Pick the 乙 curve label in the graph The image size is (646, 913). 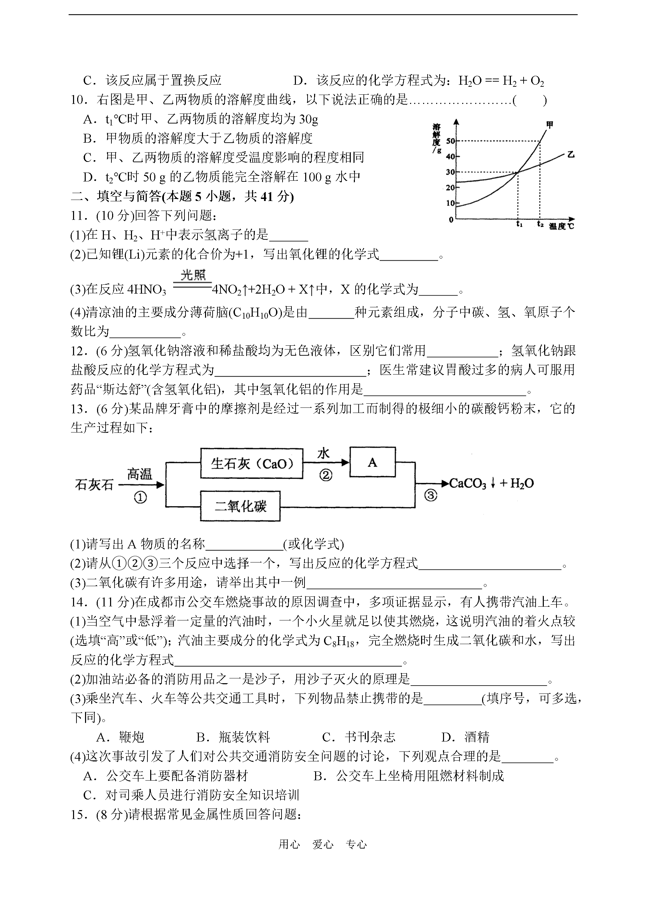tap(571, 155)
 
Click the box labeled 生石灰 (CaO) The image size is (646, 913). tap(251, 463)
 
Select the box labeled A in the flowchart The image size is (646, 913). tap(372, 462)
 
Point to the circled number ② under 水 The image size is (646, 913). tap(326, 475)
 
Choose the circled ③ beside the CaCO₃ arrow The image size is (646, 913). tap(431, 495)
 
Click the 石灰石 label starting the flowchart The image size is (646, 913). tap(94, 485)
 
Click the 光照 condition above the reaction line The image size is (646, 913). tap(193, 275)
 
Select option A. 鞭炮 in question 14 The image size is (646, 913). tap(120, 737)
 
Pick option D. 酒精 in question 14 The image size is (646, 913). tap(465, 737)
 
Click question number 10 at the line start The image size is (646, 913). tap(79, 100)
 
